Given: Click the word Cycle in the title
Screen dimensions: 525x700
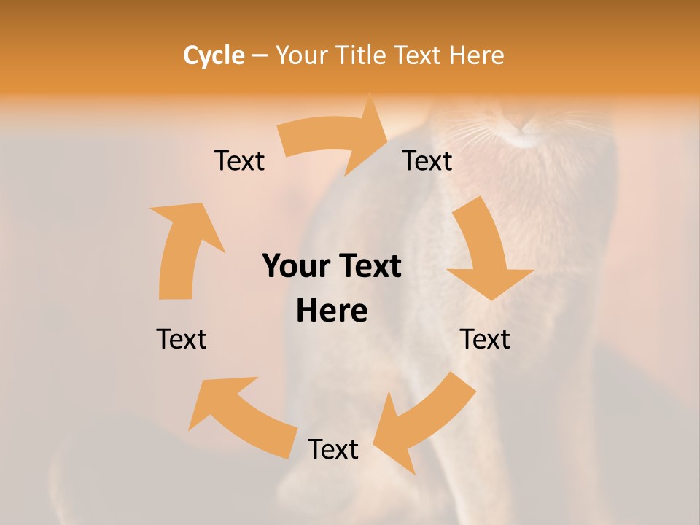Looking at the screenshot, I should click(x=214, y=55).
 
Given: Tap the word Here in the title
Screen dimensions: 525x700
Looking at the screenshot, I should click(x=476, y=55).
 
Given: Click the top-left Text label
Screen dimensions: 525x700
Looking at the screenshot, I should click(x=240, y=160).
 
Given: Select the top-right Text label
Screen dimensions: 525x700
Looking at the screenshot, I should click(x=427, y=160).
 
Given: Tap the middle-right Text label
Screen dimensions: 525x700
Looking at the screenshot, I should click(x=485, y=339).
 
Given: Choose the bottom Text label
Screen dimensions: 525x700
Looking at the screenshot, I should click(x=333, y=449).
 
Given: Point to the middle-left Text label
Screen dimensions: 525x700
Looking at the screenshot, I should click(x=182, y=339).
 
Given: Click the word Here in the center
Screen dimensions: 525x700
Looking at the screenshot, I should click(x=332, y=311).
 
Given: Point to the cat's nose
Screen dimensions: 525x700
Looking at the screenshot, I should click(x=524, y=128).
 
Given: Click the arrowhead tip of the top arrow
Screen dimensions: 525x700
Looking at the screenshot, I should click(x=386, y=136).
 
